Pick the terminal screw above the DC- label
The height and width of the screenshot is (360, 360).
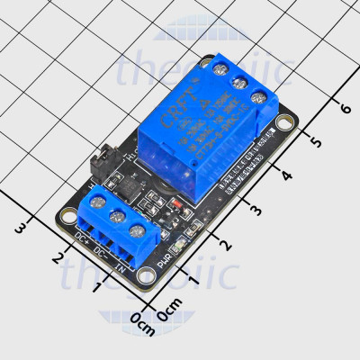[x=118, y=219]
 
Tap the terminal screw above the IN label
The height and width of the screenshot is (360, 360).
[x=137, y=230]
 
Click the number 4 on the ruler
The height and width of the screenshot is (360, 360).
[x=285, y=175]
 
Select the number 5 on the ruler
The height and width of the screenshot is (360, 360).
[x=314, y=141]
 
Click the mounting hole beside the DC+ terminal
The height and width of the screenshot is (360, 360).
[x=68, y=215]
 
